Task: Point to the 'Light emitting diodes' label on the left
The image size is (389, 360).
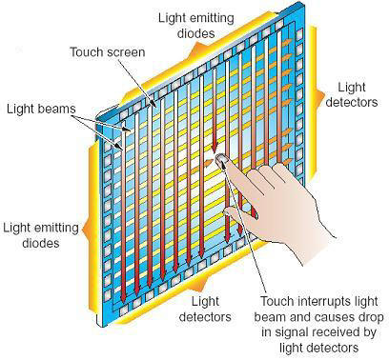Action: click(40, 234)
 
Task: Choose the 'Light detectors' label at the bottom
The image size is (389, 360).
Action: click(205, 307)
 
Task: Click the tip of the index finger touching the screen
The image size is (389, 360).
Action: click(222, 160)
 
